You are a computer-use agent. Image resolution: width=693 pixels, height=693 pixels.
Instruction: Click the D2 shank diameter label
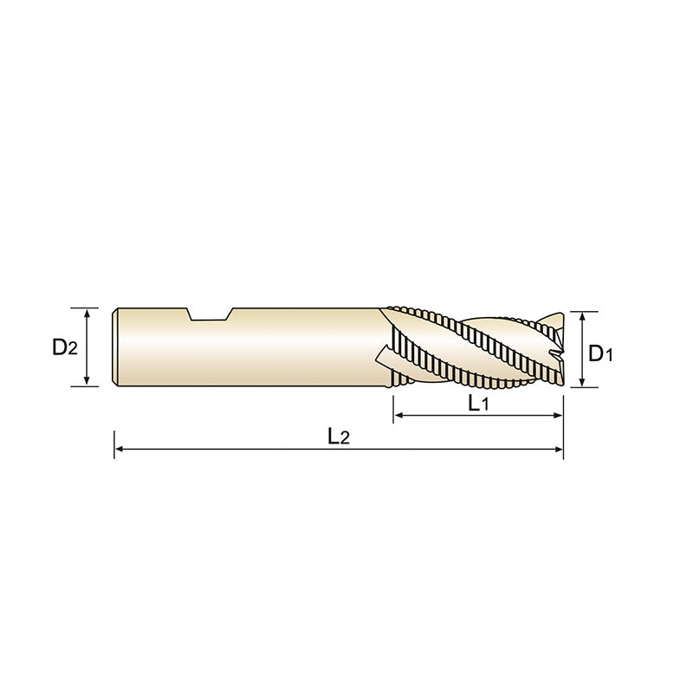pyautogui.click(x=65, y=347)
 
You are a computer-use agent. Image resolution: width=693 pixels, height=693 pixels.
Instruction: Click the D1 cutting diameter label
pyautogui.click(x=600, y=353)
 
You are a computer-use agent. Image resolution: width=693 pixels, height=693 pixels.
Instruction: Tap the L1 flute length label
pyautogui.click(x=478, y=403)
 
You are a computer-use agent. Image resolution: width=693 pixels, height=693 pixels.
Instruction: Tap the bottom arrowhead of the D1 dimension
pyautogui.click(x=583, y=384)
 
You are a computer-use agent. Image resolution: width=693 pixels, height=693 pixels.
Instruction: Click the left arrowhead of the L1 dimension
pyautogui.click(x=399, y=417)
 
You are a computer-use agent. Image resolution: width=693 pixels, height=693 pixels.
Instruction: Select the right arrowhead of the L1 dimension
pyautogui.click(x=558, y=417)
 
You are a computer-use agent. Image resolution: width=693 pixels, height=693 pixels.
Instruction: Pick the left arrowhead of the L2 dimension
pyautogui.click(x=120, y=450)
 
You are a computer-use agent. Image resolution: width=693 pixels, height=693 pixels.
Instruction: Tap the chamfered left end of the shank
pyautogui.click(x=116, y=346)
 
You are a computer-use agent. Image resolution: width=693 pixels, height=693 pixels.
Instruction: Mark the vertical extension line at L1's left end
pyautogui.click(x=394, y=407)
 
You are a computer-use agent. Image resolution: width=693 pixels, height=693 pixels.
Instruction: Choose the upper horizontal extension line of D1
pyautogui.click(x=582, y=311)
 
